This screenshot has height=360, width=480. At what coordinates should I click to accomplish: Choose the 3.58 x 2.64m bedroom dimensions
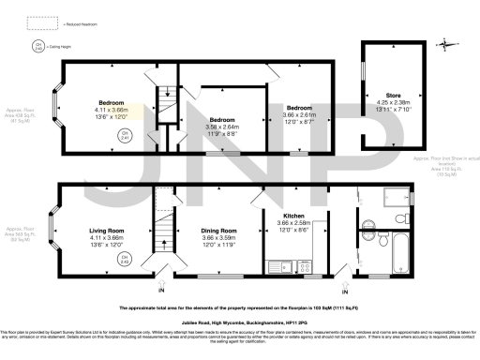[x=222, y=127]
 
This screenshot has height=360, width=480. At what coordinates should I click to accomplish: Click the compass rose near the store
[x=448, y=42]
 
